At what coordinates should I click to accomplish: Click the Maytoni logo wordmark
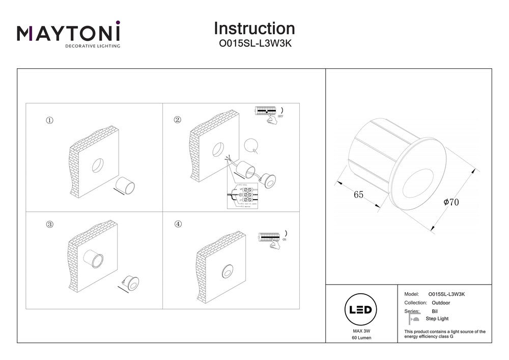pyautogui.click(x=69, y=34)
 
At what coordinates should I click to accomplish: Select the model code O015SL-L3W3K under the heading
pyautogui.click(x=254, y=44)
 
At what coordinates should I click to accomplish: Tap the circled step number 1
pyautogui.click(x=49, y=121)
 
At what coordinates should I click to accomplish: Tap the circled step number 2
pyautogui.click(x=177, y=120)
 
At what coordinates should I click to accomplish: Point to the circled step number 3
pyautogui.click(x=49, y=224)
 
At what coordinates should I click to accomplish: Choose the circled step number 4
pyautogui.click(x=178, y=224)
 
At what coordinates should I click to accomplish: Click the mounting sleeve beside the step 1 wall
pyautogui.click(x=125, y=186)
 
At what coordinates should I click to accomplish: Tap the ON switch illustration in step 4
pyautogui.click(x=272, y=239)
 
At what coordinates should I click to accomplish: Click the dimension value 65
pyautogui.click(x=358, y=195)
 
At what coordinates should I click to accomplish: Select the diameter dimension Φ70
pyautogui.click(x=451, y=202)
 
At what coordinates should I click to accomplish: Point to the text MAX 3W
pyautogui.click(x=361, y=331)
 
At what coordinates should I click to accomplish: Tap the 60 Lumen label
pyautogui.click(x=361, y=339)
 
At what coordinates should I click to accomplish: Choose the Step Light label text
pyautogui.click(x=437, y=319)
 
